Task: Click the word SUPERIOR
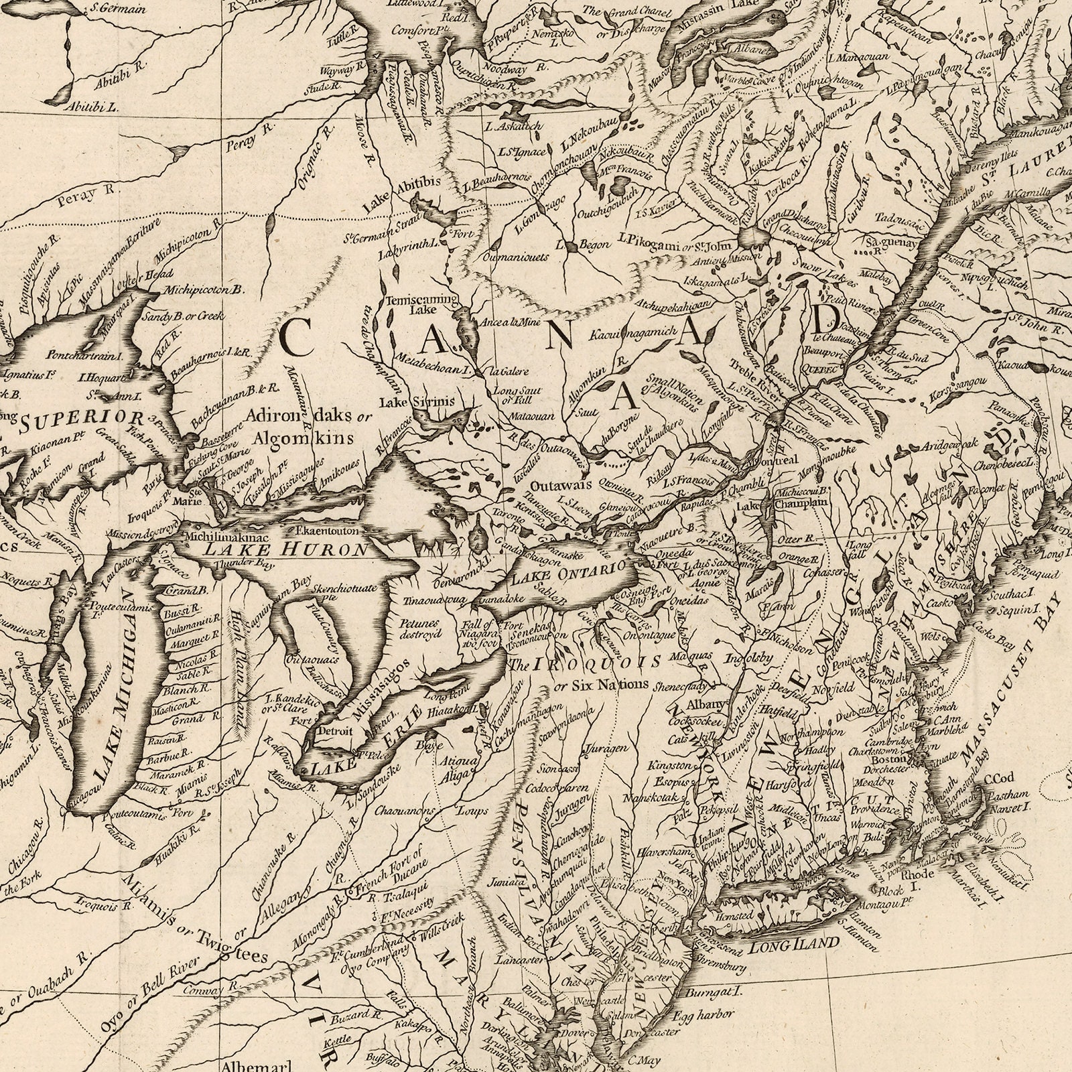(x=81, y=421)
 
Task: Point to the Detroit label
(x=334, y=731)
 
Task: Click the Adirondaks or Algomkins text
(x=307, y=427)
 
